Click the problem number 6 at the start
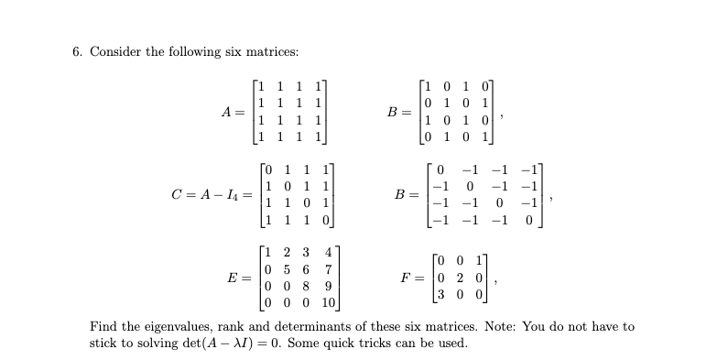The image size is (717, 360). (x=76, y=51)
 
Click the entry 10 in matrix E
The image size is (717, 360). (x=330, y=303)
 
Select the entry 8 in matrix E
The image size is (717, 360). (x=303, y=287)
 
